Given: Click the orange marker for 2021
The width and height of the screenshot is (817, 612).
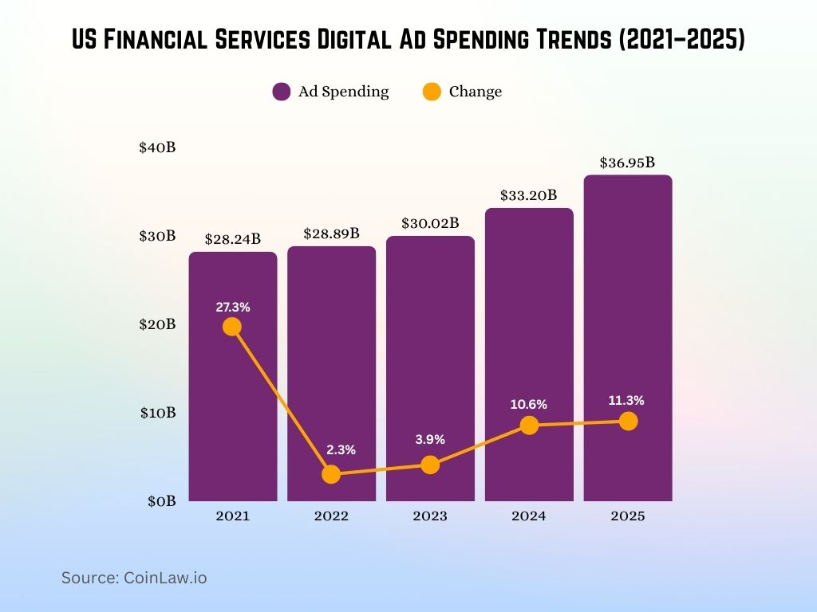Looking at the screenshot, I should coord(232,327).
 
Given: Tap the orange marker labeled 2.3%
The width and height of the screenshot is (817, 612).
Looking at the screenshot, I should coord(331,475).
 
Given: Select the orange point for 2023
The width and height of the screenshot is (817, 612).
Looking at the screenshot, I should coord(430,465).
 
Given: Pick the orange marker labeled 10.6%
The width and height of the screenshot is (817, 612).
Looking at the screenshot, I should coord(529,426).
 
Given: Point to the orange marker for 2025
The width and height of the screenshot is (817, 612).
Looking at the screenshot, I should coord(628,421).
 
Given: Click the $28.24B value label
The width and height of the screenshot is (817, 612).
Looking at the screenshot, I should coord(232,239).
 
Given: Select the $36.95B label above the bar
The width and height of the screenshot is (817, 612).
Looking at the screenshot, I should coord(627,163).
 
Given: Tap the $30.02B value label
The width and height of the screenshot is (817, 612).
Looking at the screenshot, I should coord(430,223).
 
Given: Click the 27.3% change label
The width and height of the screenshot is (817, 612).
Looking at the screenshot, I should coord(232,307).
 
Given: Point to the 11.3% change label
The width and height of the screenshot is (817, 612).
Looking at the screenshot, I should coord(628,401).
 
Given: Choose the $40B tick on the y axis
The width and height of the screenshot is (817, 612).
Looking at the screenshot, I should coord(157,147).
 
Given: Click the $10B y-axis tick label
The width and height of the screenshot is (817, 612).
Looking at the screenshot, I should coord(157,413).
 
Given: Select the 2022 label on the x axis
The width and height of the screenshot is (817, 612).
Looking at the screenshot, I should coord(331,516).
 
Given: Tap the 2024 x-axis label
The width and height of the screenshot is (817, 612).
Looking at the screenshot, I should coord(529,516).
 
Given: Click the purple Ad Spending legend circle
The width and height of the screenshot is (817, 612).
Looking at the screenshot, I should coord(281,92).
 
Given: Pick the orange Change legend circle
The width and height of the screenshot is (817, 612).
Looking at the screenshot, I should coord(432,92).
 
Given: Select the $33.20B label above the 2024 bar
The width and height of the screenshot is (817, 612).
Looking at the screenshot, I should coord(528,195).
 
